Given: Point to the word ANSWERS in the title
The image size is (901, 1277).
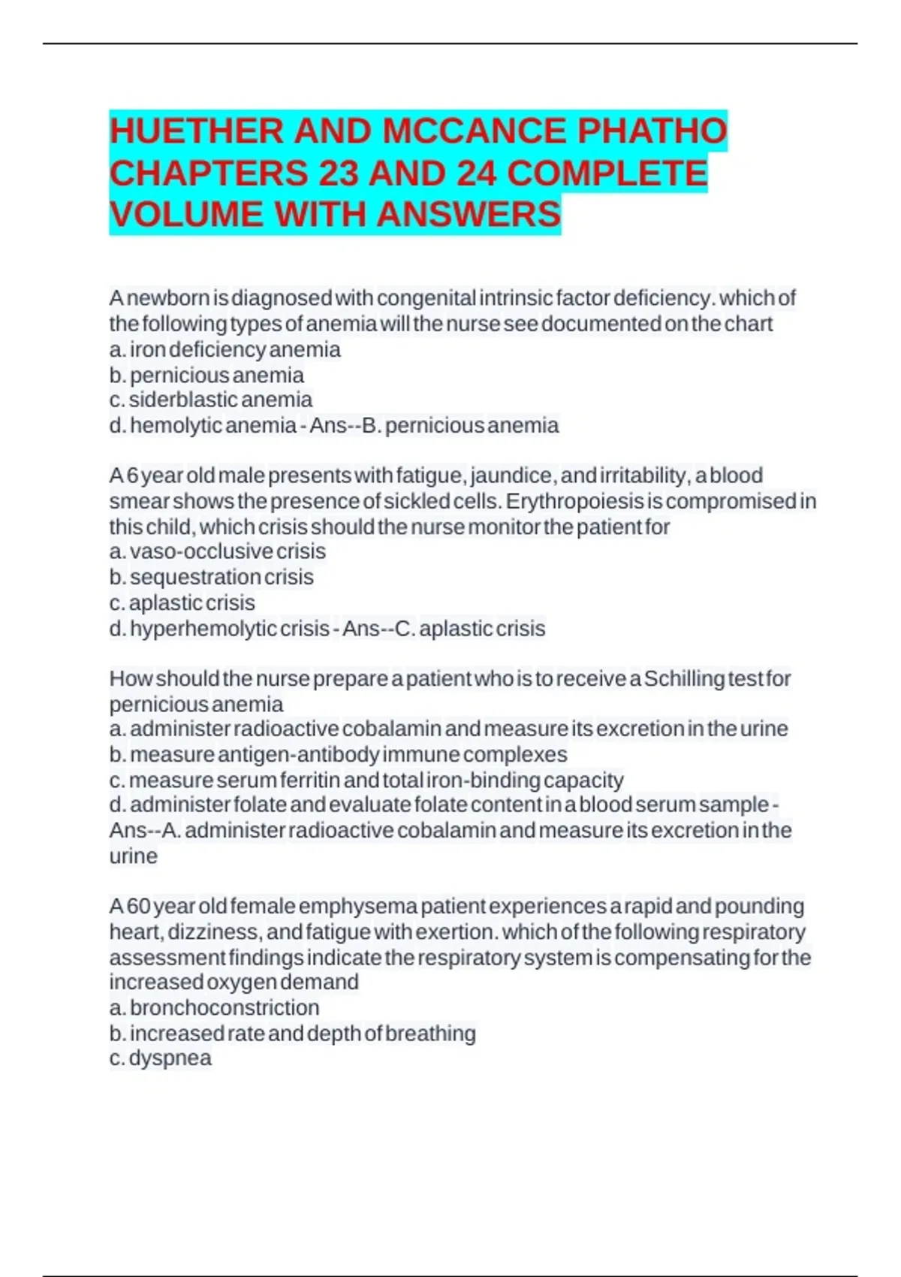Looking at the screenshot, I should point(469,214).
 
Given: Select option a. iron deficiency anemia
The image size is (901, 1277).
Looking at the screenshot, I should point(224,349).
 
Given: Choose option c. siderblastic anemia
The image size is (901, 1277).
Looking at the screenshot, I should point(211,400).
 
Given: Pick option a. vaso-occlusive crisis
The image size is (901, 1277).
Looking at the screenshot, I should point(218,551).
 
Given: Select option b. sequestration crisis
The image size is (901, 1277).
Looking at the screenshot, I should point(212,577).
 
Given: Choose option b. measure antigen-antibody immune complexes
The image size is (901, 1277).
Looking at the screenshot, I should point(338,754).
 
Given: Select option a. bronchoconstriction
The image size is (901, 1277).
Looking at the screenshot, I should point(215,1007).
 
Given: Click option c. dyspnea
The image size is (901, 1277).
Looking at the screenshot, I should point(161,1058).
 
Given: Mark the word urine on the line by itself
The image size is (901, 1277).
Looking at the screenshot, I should point(134,856).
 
